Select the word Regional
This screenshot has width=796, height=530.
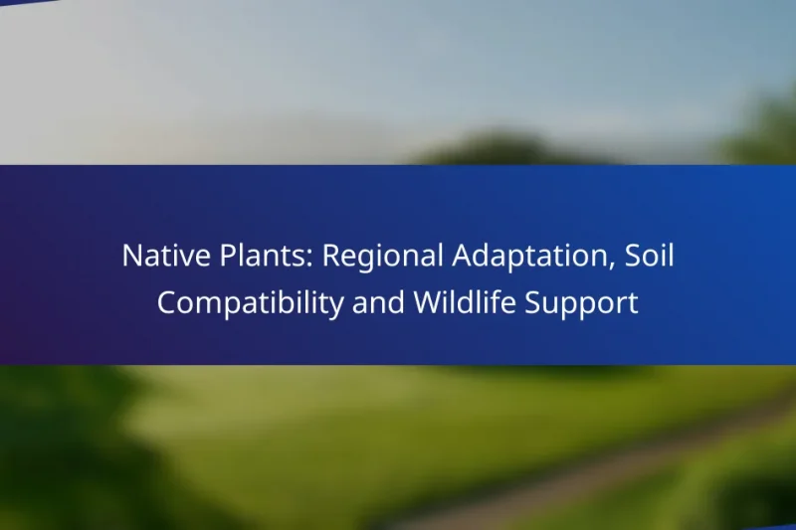pos(383,256)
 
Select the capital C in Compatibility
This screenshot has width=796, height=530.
pos(166,303)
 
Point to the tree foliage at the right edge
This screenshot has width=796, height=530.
pos(771,129)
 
